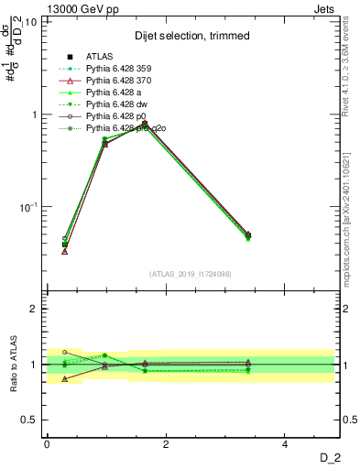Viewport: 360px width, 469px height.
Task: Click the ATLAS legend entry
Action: point(99,57)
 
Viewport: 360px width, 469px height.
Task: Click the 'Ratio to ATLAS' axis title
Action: point(13,365)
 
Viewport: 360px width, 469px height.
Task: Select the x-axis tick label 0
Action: point(46,443)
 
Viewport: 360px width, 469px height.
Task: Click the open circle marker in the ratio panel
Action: point(64,352)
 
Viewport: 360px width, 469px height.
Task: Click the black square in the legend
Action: point(70,57)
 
